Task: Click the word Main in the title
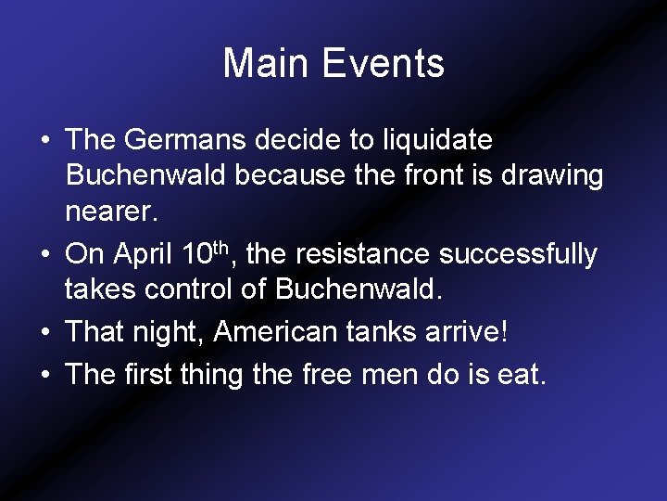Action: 266,64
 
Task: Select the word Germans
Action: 190,141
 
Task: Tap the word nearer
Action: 111,212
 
